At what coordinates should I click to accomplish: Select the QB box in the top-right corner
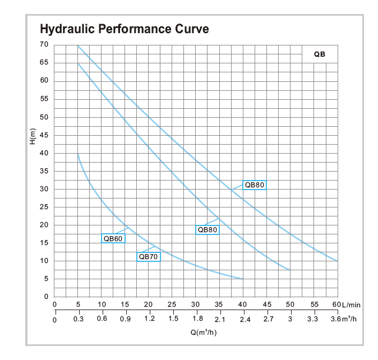pos(320,54)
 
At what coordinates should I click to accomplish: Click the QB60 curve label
pos(113,238)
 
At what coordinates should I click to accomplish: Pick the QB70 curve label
pos(149,257)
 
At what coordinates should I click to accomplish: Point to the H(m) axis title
pos(32,137)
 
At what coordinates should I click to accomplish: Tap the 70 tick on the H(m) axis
pos(44,44)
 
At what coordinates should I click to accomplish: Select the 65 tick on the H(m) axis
pos(44,62)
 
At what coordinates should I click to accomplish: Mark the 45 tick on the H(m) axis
pos(44,135)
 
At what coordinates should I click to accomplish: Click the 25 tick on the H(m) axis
pos(44,207)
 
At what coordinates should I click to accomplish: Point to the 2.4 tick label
pos(243,320)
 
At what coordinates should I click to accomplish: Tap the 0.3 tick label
pos(78,319)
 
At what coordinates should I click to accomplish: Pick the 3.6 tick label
pos(334,319)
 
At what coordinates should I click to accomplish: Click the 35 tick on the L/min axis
pos(219,304)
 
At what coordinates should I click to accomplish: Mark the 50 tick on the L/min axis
pos(290,304)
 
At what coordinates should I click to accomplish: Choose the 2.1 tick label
pos(220,320)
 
